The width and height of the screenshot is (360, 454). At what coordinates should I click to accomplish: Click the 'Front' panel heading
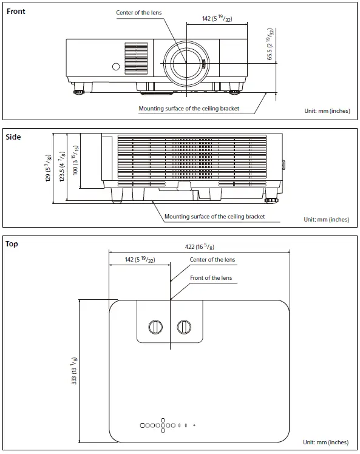[16, 12]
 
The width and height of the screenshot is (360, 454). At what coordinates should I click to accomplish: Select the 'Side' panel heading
[13, 137]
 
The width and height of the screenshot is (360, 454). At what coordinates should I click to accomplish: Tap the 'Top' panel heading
[12, 244]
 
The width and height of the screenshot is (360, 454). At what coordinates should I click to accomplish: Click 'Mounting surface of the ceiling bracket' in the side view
[214, 216]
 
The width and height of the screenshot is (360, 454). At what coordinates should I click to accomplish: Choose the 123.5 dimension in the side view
[61, 167]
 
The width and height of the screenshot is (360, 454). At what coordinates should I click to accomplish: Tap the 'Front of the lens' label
[211, 277]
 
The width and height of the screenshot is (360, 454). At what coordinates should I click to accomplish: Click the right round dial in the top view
[183, 327]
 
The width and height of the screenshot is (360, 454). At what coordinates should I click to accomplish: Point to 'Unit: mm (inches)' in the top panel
[326, 442]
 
